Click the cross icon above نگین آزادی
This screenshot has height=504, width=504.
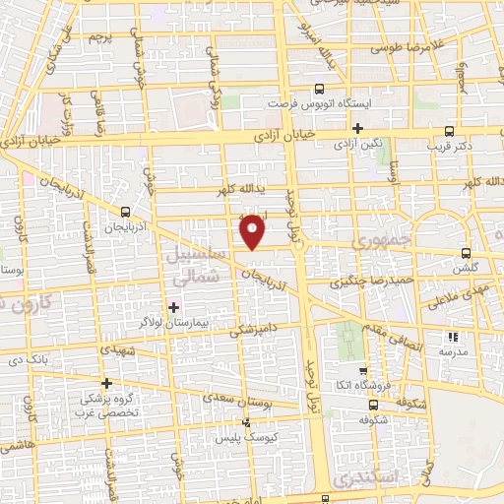coord(358,128)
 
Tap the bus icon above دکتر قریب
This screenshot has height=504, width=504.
coord(450,130)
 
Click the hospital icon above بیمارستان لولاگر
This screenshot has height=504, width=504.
coord(174,307)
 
